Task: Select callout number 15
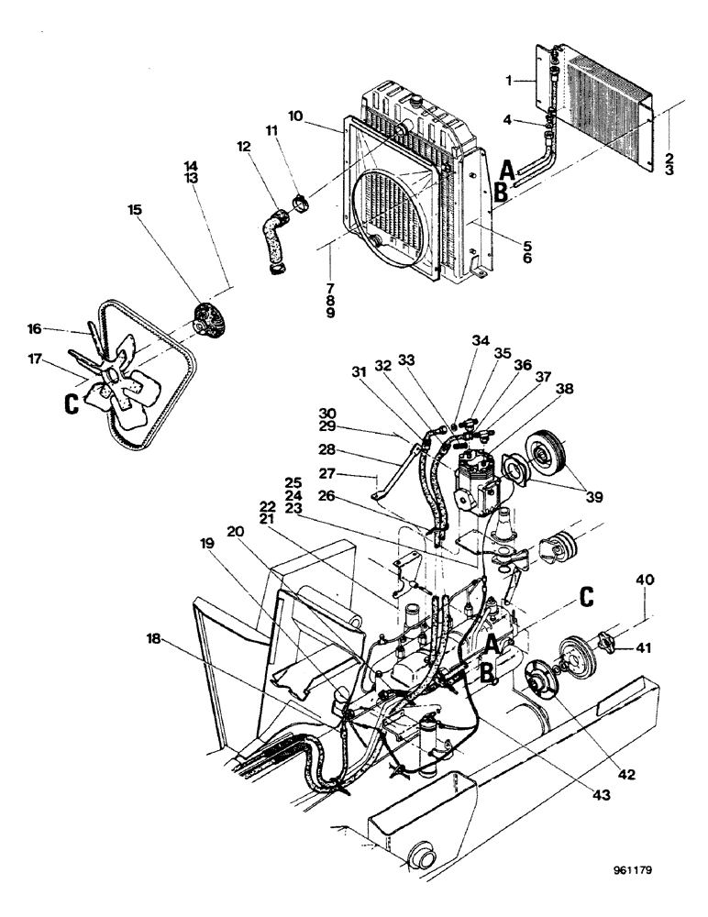135,210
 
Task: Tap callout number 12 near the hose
243,148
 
